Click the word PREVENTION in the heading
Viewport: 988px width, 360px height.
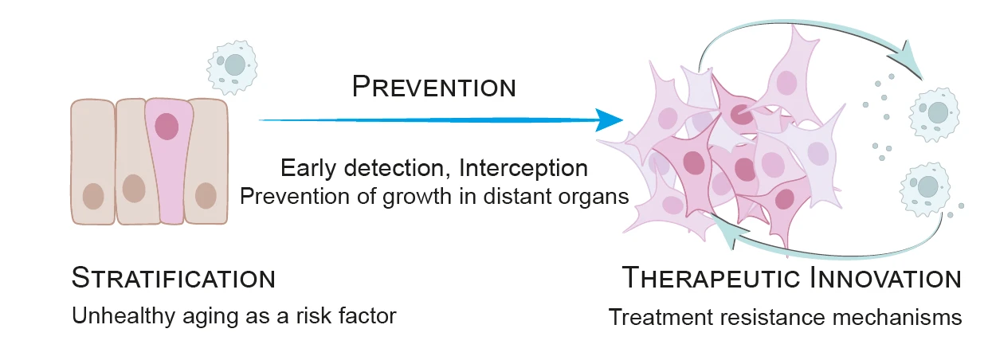434,86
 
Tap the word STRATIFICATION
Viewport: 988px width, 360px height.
174,278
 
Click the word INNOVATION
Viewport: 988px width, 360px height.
886,278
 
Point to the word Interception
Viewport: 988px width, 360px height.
523,168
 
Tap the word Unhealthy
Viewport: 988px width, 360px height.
123,316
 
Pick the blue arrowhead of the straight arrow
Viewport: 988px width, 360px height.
609,119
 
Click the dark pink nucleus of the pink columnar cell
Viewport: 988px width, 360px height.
167,127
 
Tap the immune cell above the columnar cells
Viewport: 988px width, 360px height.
233,68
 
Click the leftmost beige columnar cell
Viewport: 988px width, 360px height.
93,162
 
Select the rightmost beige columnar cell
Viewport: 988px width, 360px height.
206,162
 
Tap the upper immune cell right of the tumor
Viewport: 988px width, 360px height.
934,115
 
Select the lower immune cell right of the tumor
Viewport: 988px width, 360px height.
925,189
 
